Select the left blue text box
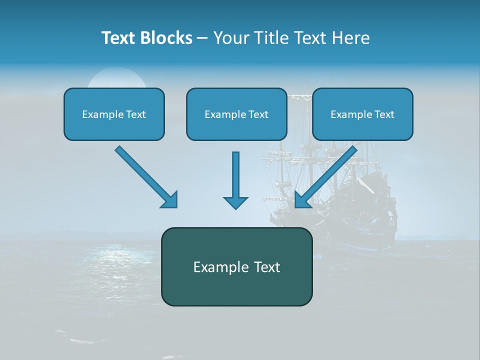(114, 114)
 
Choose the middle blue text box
(236, 114)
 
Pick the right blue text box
(362, 114)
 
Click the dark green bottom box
(236, 266)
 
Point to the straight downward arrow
(235, 180)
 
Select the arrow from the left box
(145, 176)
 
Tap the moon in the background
(116, 78)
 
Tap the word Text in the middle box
(258, 114)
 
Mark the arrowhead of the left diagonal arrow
(170, 200)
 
